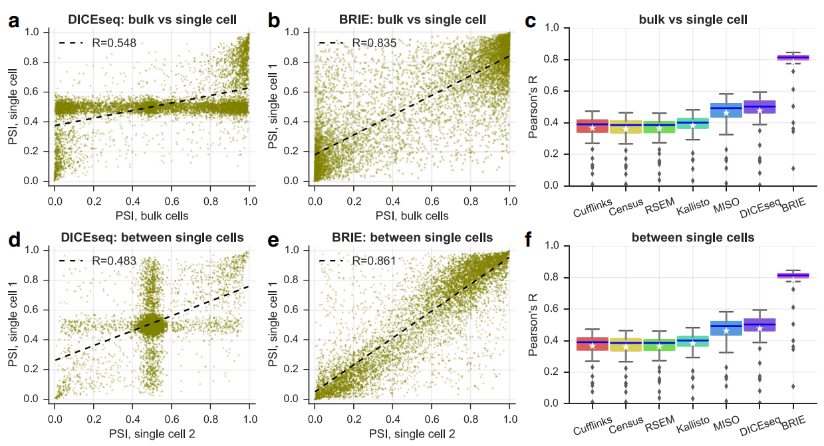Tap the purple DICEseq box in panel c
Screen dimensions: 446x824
click(x=759, y=108)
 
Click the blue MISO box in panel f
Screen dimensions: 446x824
click(x=726, y=327)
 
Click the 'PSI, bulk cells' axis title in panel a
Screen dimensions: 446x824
click(x=152, y=216)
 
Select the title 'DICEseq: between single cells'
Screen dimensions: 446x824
click(x=152, y=237)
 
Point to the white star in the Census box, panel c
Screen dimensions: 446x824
click(x=626, y=129)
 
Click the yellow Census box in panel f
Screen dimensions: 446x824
click(x=626, y=344)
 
